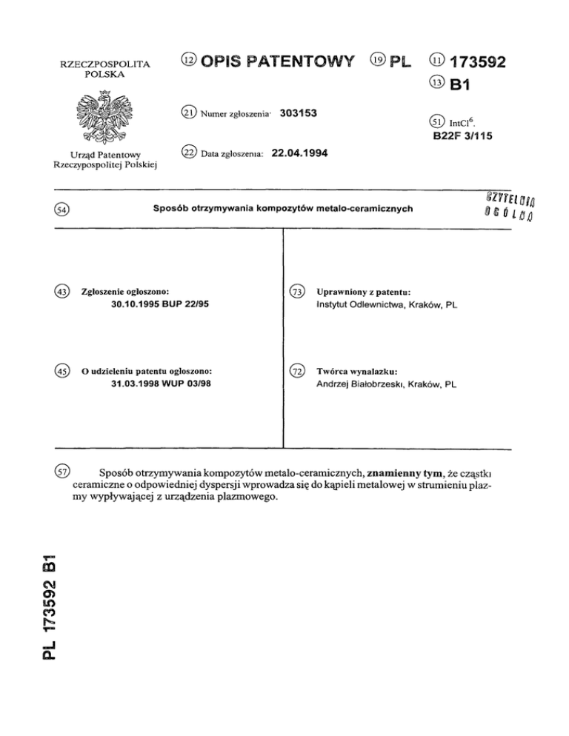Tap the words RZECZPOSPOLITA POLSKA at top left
[99, 70]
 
